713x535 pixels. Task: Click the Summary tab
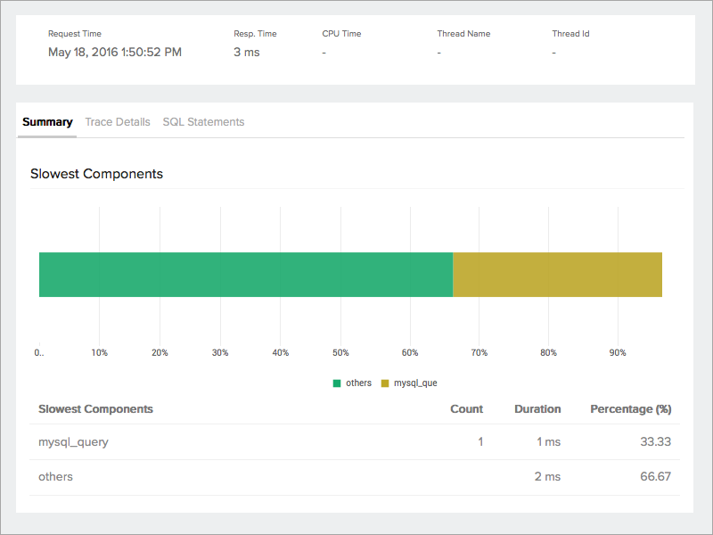[47, 122]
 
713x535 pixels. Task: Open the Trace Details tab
[118, 122]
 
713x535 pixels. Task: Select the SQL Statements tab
[203, 122]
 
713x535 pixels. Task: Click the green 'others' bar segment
[246, 274]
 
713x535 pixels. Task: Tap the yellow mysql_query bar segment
[557, 274]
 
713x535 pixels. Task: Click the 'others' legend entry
[353, 383]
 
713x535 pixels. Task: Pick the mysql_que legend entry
[409, 383]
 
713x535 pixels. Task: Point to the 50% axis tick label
[341, 353]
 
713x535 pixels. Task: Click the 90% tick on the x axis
[618, 353]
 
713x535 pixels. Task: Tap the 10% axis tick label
[99, 353]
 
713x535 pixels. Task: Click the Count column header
[466, 409]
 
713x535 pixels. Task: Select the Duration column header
[537, 409]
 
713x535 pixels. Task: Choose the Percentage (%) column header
[630, 409]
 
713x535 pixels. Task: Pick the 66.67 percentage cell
[655, 477]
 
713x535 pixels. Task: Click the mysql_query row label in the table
[73, 441]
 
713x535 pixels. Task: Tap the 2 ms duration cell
[547, 477]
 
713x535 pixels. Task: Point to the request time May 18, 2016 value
[115, 53]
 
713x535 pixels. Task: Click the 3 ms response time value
[247, 53]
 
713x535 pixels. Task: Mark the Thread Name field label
[463, 34]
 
